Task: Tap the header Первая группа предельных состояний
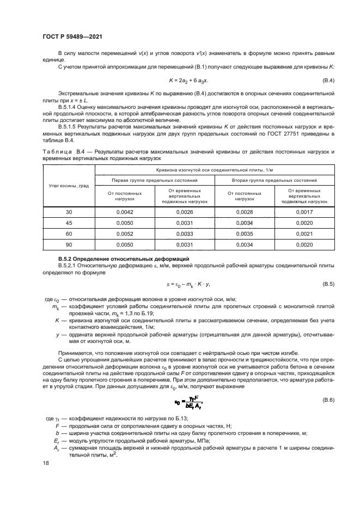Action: (x=155, y=180)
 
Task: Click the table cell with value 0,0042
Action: (x=125, y=212)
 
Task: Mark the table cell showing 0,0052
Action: (x=125, y=234)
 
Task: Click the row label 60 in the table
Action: (x=69, y=234)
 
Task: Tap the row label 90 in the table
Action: (x=69, y=244)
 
